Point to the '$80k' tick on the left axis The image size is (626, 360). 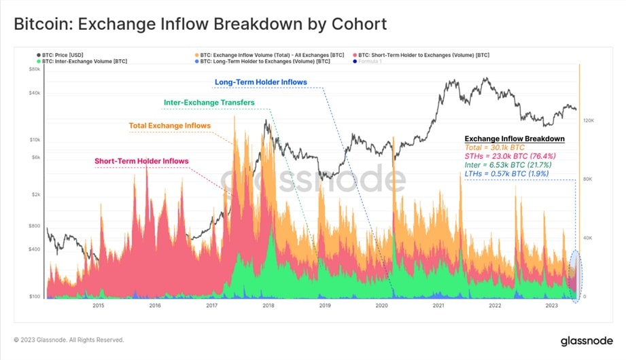[x=34, y=69]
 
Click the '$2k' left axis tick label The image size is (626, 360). [x=35, y=195]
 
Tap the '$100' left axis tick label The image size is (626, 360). [x=34, y=297]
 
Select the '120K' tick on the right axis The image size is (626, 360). [x=589, y=120]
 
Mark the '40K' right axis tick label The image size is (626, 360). [x=587, y=238]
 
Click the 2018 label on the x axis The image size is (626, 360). [x=268, y=306]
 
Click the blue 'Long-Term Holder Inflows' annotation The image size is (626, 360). [x=261, y=82]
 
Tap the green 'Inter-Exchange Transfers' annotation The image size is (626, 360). [x=209, y=103]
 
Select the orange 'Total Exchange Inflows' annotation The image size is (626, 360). [x=170, y=126]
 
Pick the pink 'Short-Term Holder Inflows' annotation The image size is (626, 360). [x=141, y=161]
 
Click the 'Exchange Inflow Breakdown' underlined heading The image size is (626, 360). [x=515, y=139]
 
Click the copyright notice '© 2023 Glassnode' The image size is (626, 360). [x=69, y=340]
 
